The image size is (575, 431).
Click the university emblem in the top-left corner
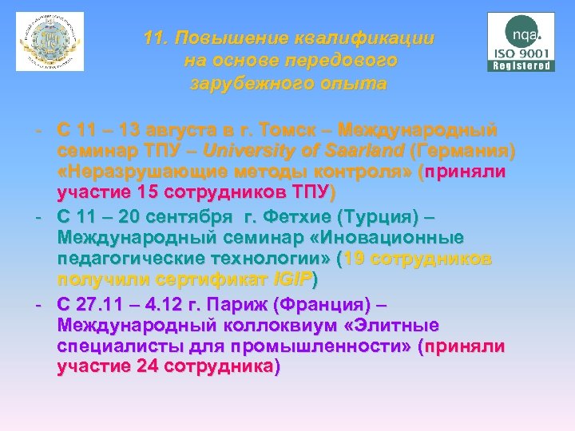click(x=50, y=42)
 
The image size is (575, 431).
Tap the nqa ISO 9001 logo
click(x=521, y=42)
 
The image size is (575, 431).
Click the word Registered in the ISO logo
click(x=521, y=66)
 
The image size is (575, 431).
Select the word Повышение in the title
click(x=231, y=38)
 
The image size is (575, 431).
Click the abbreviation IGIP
click(x=292, y=280)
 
